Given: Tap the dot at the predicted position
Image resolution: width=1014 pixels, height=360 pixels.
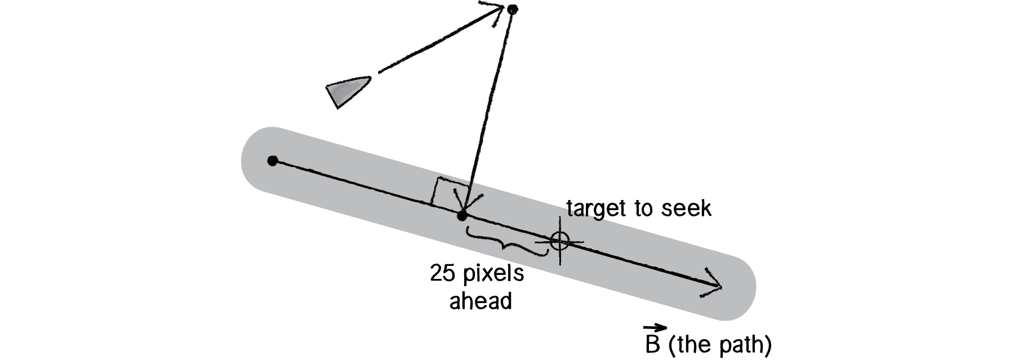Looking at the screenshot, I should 512,9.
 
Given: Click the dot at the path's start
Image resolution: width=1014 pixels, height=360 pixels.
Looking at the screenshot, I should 273,161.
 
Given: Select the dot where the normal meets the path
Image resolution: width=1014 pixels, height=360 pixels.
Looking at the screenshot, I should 462,216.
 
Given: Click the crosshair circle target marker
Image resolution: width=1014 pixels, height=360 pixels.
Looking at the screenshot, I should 559,241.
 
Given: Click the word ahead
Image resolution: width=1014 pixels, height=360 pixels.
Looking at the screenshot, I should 481,301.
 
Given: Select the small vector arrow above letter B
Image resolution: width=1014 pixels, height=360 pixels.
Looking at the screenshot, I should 655,327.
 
